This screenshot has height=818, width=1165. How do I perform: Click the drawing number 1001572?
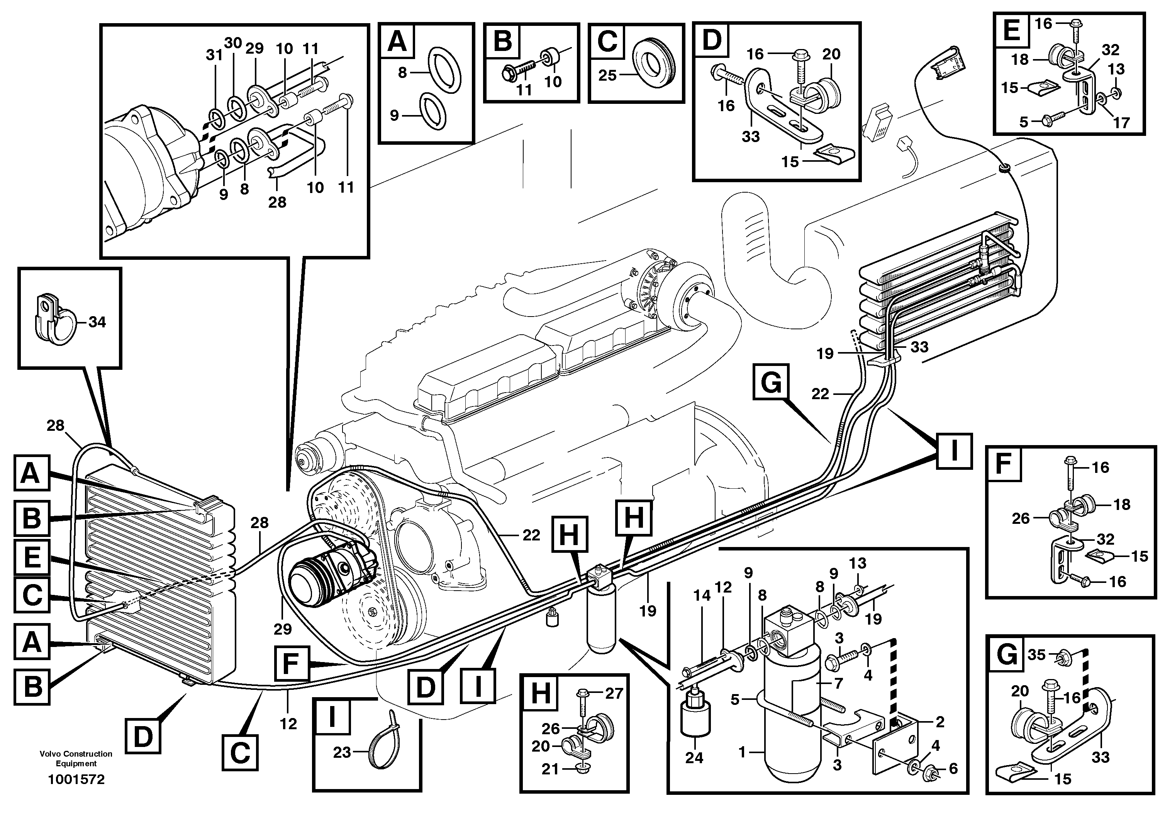(76, 779)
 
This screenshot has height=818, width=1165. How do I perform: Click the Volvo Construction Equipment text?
(76, 758)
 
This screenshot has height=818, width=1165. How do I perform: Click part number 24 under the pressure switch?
(694, 758)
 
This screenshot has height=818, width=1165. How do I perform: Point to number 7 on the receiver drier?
(838, 683)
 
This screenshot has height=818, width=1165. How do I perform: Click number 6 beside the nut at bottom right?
(953, 769)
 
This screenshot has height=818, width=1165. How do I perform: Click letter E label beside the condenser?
(31, 558)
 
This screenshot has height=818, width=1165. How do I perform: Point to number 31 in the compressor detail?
(214, 55)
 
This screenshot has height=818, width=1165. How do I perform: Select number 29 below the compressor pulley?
(283, 629)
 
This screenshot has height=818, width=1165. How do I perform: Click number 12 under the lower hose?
(288, 724)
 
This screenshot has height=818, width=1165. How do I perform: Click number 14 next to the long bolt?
(702, 596)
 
